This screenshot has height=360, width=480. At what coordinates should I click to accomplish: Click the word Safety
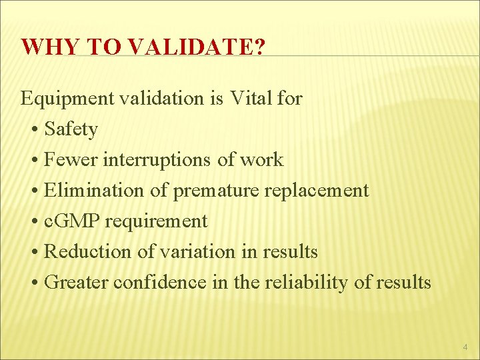tap(71, 129)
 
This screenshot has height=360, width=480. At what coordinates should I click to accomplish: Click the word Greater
tap(76, 283)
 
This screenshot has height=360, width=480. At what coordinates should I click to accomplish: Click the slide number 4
tap(464, 347)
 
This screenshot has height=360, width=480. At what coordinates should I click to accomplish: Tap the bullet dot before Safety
tap(34, 130)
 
